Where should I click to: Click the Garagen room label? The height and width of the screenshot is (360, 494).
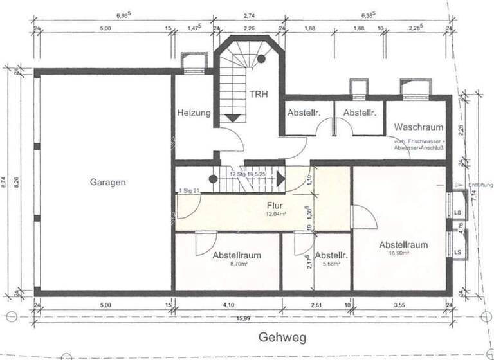[x=107, y=182]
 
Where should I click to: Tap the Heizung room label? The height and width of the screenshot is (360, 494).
[x=193, y=113]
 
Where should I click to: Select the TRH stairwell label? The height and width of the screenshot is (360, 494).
[x=259, y=93]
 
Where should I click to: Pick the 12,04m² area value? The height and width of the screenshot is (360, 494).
[x=275, y=215]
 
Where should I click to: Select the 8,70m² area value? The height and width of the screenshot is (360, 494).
[x=236, y=264]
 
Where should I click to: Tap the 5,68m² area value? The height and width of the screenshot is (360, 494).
[x=331, y=264]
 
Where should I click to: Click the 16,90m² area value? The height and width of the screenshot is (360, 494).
[x=403, y=253]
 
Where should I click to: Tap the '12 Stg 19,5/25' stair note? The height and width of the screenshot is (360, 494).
[x=247, y=174]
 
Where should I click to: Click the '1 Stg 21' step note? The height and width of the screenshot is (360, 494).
[x=190, y=190]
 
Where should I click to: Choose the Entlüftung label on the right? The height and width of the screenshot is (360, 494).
[x=480, y=185]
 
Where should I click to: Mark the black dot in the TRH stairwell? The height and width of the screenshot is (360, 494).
[x=262, y=59]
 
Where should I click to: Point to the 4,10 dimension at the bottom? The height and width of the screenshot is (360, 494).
[x=228, y=305]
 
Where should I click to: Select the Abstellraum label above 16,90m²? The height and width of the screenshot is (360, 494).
[x=403, y=244]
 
